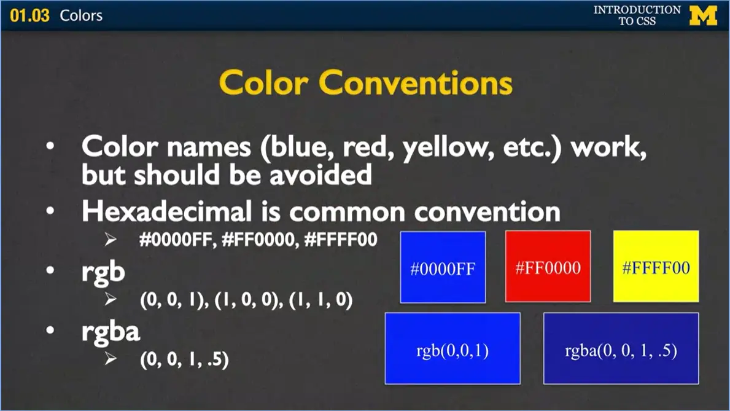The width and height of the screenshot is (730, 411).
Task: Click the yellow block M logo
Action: [703, 15]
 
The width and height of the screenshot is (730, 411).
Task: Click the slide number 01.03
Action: [29, 15]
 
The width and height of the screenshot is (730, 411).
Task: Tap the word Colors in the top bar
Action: [81, 15]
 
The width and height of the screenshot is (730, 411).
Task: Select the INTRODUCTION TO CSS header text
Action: [637, 15]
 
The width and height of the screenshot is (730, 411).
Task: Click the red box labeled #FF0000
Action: [548, 267]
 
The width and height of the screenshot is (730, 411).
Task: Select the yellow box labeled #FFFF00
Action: [656, 267]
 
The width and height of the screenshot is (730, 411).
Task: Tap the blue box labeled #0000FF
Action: [443, 267]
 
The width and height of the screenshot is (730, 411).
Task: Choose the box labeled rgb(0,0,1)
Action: [452, 348]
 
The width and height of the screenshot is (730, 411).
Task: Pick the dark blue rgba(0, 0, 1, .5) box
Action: [621, 348]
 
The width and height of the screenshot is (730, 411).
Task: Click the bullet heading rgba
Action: [111, 332]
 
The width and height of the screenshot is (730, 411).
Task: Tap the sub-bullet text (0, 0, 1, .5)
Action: [184, 359]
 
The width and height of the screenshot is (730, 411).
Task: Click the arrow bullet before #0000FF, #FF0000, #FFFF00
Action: [111, 240]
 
